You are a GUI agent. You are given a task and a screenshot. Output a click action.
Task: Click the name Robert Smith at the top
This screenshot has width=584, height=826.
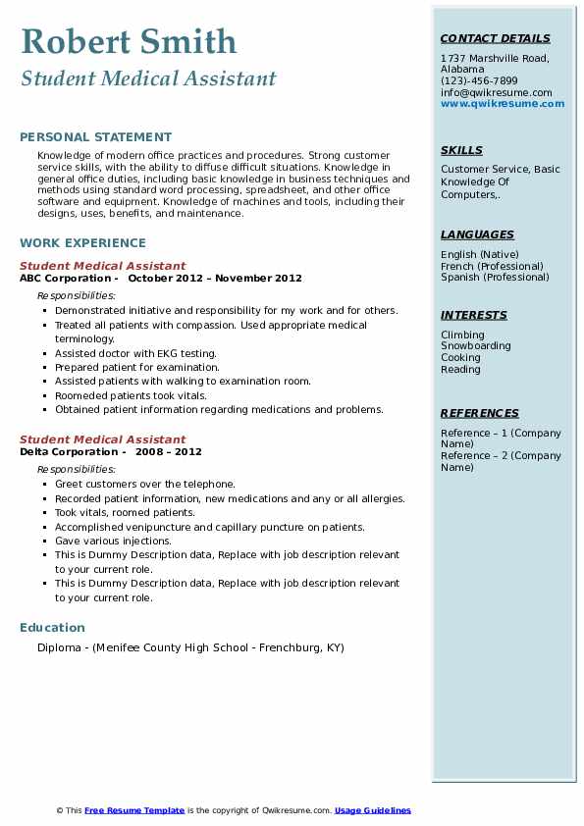[129, 41]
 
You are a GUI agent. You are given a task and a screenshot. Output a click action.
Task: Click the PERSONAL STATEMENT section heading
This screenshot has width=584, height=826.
[95, 137]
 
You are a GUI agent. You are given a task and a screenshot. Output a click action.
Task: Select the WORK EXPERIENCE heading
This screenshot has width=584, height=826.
[82, 242]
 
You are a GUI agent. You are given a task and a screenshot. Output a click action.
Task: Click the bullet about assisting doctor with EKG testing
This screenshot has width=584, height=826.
[135, 353]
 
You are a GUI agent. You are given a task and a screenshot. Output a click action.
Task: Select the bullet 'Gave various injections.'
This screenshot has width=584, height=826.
[113, 541]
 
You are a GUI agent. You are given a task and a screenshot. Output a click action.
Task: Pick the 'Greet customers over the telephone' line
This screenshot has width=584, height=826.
[145, 484]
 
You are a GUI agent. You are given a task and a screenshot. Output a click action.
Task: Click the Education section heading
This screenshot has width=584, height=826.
[52, 627]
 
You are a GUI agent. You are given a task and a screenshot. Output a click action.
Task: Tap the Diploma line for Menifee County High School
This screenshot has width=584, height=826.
[190, 647]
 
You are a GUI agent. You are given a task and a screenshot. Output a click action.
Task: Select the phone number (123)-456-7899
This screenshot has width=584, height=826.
[479, 81]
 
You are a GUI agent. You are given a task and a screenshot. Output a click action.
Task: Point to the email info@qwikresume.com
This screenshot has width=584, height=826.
[496, 92]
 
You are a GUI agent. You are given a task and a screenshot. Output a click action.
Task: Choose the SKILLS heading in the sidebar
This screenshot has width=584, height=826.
[461, 150]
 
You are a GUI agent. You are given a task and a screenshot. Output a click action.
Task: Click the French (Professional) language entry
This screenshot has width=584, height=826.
[492, 266]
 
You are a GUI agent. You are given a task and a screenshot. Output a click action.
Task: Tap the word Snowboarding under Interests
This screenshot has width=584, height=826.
[475, 346]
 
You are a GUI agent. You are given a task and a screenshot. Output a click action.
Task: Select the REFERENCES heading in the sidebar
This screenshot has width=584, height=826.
[479, 413]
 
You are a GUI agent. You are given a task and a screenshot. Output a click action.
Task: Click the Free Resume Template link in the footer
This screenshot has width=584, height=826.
[134, 810]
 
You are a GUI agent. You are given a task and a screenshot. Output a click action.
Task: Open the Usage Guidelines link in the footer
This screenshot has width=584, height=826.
[372, 810]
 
